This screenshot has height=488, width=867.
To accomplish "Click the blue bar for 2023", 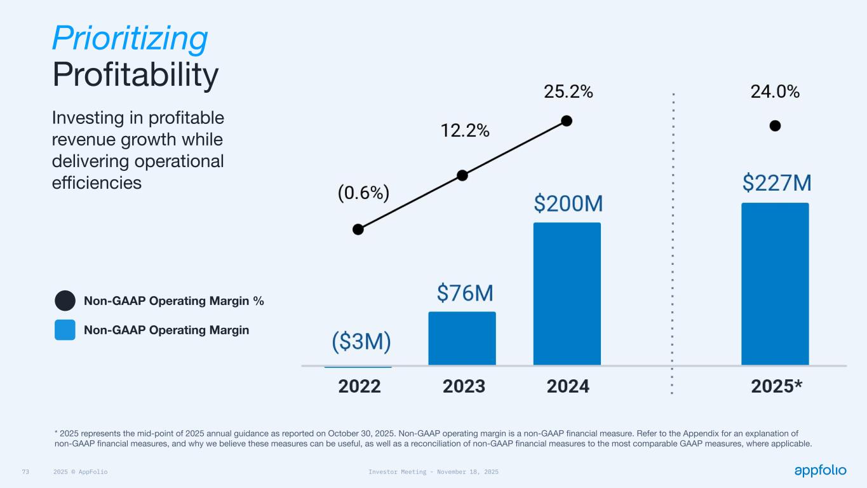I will click(x=462, y=338).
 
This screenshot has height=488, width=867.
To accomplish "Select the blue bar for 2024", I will click(x=567, y=294).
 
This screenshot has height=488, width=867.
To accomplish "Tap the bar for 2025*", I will click(x=775, y=283).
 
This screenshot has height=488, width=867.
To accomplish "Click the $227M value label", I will click(x=777, y=184).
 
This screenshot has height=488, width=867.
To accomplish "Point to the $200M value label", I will click(x=568, y=204).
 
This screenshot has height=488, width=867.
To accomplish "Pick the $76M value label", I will click(x=465, y=293).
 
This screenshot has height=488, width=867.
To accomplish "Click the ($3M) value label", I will click(x=361, y=342).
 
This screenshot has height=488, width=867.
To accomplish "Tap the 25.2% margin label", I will click(x=568, y=92).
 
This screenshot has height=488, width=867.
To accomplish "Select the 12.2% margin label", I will click(x=465, y=131).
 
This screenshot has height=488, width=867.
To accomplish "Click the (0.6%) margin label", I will click(x=363, y=193).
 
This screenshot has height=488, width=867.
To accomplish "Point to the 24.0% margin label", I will click(x=775, y=92).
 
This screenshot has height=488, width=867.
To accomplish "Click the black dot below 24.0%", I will click(x=775, y=126).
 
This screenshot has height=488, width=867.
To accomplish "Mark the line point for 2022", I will click(x=358, y=229).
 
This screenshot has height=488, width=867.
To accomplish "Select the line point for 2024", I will click(x=567, y=121).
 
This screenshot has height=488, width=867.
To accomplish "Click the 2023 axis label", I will click(x=464, y=386).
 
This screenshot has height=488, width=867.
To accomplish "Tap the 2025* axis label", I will click(x=776, y=386).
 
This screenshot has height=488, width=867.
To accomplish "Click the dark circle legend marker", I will click(x=65, y=301).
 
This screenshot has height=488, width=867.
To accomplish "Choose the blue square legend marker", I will click(x=65, y=330).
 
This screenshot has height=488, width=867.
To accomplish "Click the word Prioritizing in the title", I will click(x=130, y=38).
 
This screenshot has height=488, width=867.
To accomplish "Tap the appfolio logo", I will click(x=820, y=470).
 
